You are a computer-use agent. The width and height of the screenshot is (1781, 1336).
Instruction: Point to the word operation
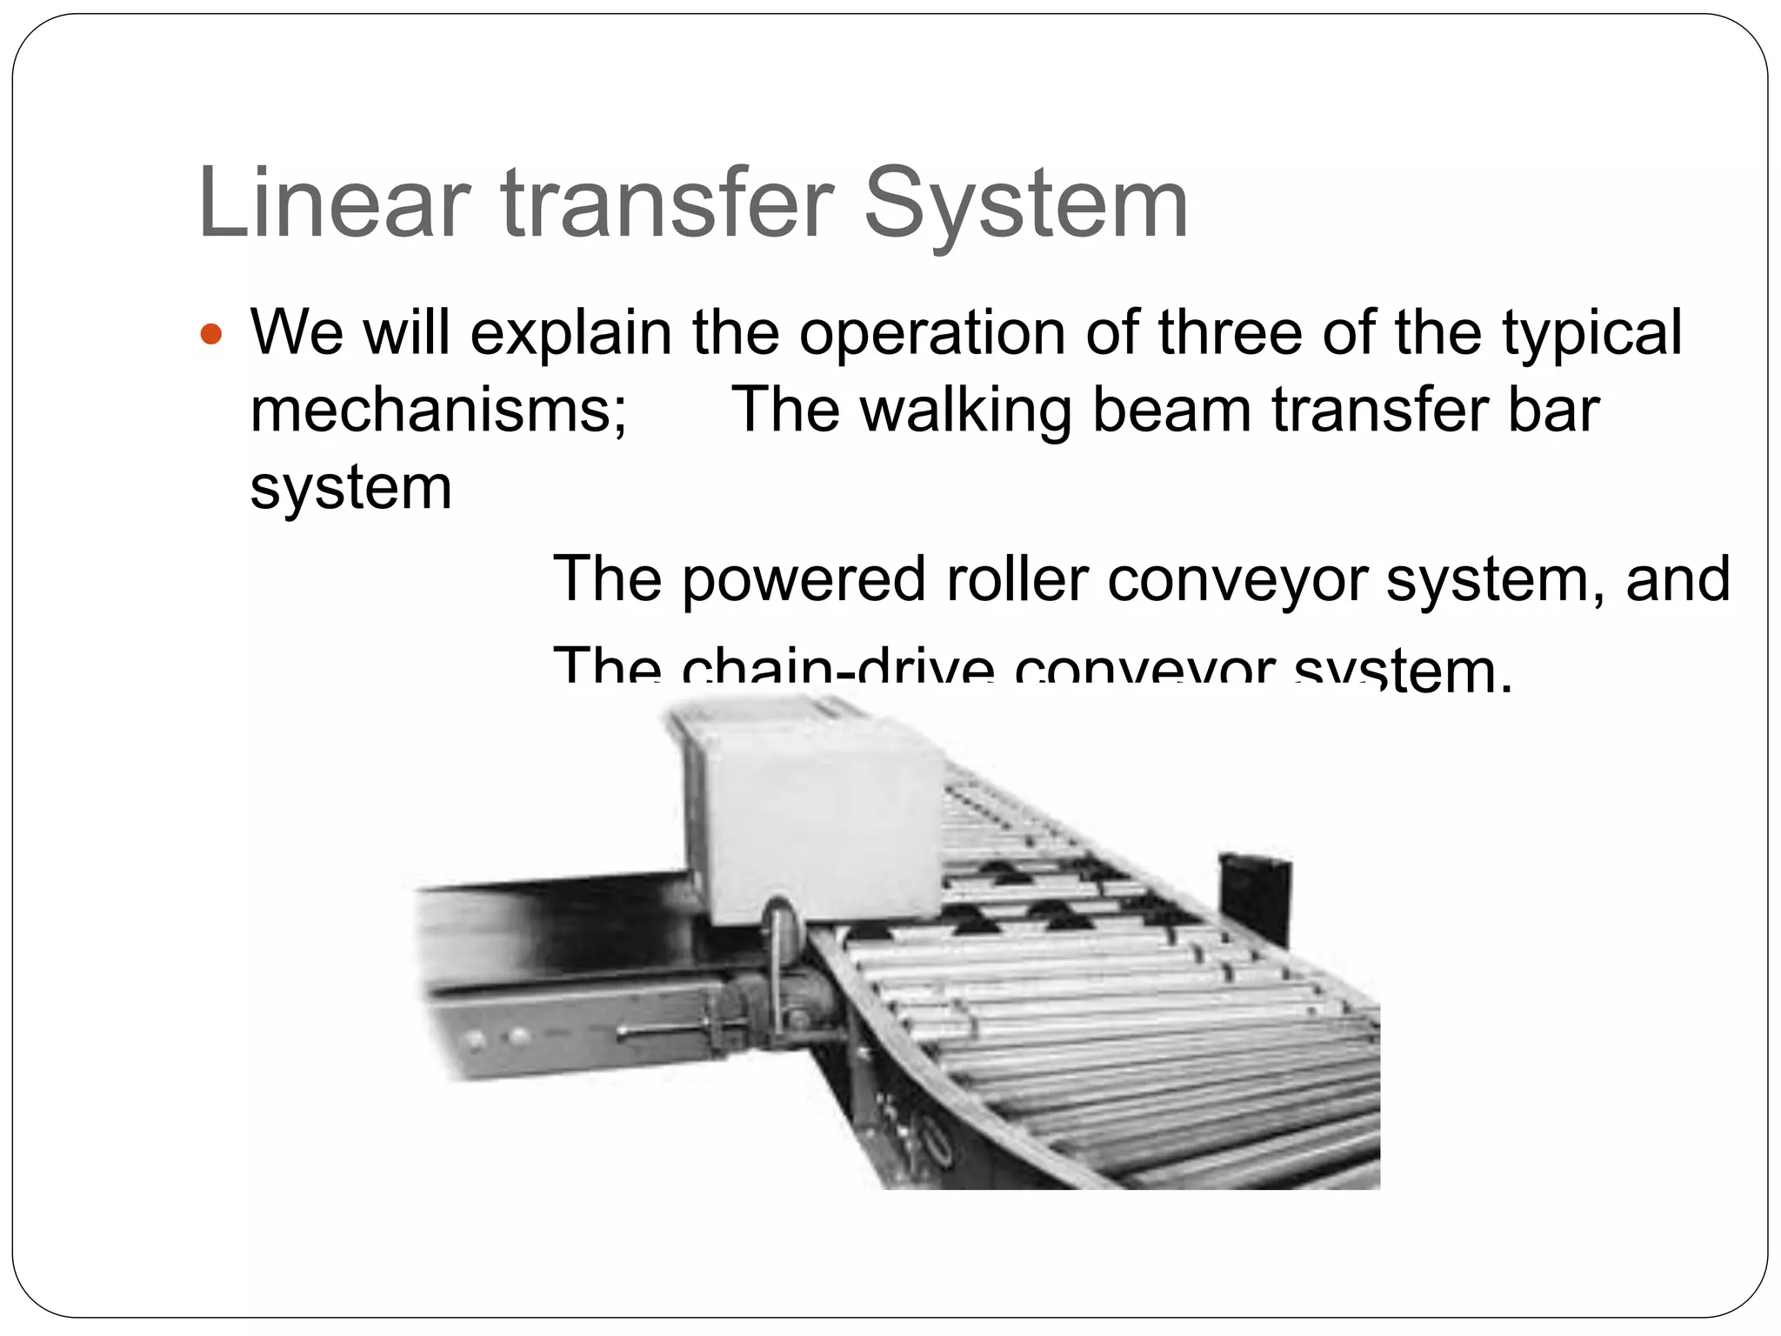(931, 334)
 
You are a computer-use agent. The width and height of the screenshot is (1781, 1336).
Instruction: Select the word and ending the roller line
(1678, 579)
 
